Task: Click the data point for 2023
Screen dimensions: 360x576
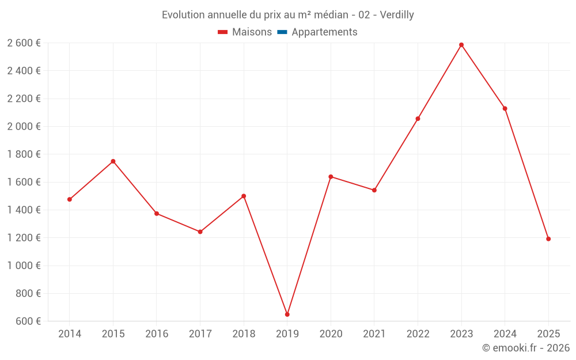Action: pyautogui.click(x=461, y=45)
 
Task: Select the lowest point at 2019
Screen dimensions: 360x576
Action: pyautogui.click(x=287, y=314)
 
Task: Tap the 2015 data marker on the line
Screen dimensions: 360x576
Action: pyautogui.click(x=113, y=161)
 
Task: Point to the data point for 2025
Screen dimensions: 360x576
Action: pyautogui.click(x=548, y=239)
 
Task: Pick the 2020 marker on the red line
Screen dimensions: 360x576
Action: pyautogui.click(x=331, y=177)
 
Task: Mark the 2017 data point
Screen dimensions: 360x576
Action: pyautogui.click(x=200, y=232)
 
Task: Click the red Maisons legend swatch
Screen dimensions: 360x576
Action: pyautogui.click(x=223, y=32)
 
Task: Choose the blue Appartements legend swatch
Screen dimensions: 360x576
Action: pyautogui.click(x=282, y=32)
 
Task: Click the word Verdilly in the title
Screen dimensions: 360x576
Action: pyautogui.click(x=395, y=14)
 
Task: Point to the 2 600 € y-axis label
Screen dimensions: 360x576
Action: pyautogui.click(x=24, y=43)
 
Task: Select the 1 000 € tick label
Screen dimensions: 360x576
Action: pyautogui.click(x=24, y=266)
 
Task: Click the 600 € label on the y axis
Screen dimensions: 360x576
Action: pyautogui.click(x=27, y=321)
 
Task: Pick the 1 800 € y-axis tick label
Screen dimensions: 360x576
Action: pyautogui.click(x=24, y=154)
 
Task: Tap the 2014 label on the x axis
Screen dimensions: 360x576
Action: pyautogui.click(x=70, y=334)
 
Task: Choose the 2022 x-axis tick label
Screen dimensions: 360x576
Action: pyautogui.click(x=418, y=334)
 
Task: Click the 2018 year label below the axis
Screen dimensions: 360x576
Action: pyautogui.click(x=244, y=334)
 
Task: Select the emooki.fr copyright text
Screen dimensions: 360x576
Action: pyautogui.click(x=526, y=347)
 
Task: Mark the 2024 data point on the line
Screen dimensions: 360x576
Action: pyautogui.click(x=505, y=108)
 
